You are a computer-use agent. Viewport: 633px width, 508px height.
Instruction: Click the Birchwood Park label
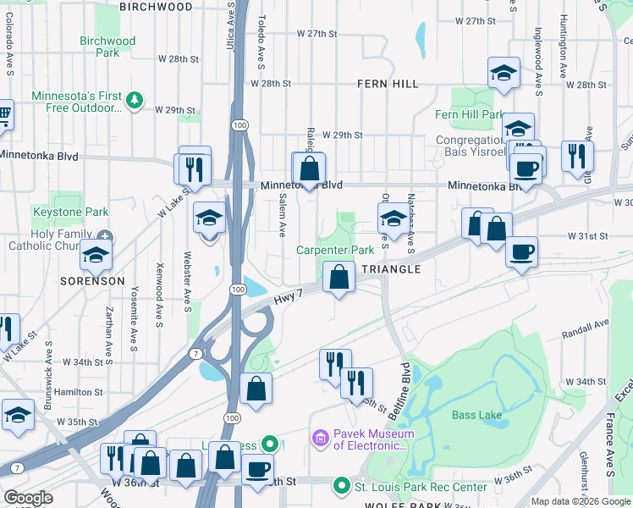click(x=107, y=47)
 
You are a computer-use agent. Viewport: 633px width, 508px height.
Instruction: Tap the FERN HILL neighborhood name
click(x=387, y=84)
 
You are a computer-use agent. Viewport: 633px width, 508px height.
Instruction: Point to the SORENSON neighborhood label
click(x=92, y=280)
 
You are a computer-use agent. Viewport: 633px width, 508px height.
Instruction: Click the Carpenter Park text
click(x=335, y=251)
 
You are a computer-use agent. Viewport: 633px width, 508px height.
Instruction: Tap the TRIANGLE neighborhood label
click(x=391, y=269)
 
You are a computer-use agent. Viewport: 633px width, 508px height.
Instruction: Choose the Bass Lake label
click(x=476, y=415)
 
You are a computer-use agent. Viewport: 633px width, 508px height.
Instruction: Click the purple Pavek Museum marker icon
click(x=320, y=438)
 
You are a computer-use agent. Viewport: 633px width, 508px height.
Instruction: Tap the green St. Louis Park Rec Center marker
click(x=341, y=486)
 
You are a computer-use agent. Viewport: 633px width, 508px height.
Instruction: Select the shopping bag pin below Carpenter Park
click(x=339, y=277)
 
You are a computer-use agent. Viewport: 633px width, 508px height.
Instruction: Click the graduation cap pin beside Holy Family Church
click(x=96, y=253)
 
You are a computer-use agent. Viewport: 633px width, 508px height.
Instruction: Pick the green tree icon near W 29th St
click(x=134, y=101)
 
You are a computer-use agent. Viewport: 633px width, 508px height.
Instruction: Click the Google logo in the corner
click(x=28, y=498)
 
